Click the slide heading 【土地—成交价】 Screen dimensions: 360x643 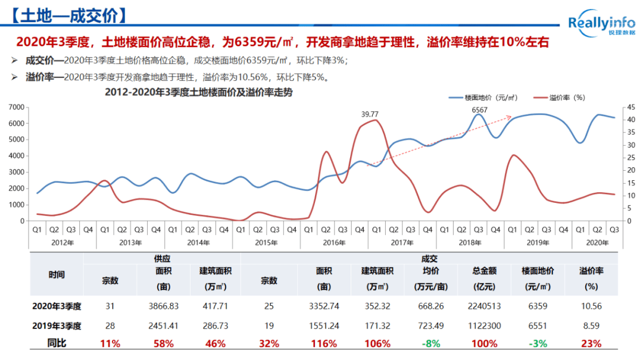pyautogui.click(x=71, y=15)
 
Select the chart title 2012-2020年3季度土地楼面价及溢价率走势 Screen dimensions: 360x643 pyautogui.click(x=198, y=92)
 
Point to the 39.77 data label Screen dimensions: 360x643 pyautogui.click(x=370, y=114)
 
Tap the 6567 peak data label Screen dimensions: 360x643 pyautogui.click(x=479, y=110)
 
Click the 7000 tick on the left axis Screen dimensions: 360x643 pyautogui.click(x=16, y=107)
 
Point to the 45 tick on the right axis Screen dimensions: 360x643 pyautogui.click(x=631, y=107)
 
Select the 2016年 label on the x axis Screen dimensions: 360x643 pyautogui.click(x=334, y=242)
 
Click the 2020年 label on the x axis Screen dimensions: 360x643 pyautogui.click(x=597, y=242)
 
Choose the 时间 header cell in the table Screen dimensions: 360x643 pyautogui.click(x=57, y=275)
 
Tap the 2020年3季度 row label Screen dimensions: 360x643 pyautogui.click(x=57, y=306)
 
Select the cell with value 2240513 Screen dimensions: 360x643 pyautogui.click(x=484, y=306)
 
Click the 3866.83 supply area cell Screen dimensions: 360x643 pyautogui.click(x=164, y=306)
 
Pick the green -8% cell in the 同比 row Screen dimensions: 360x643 pyautogui.click(x=430, y=344)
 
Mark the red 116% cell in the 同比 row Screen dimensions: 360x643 pyautogui.click(x=324, y=344)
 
